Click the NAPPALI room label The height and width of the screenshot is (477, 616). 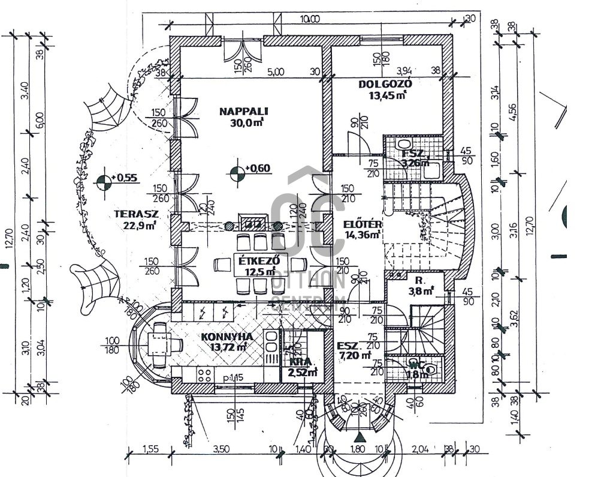[x=243, y=111]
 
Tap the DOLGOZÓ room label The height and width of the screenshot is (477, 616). [x=385, y=84]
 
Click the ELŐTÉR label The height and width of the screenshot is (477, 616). [x=363, y=224]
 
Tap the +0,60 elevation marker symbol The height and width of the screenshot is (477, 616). [x=237, y=172]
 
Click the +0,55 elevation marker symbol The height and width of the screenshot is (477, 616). [x=104, y=181]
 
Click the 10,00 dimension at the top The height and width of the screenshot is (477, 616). [x=310, y=19]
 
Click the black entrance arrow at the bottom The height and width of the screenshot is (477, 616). [x=358, y=437]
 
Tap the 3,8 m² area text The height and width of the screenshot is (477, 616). [x=421, y=292]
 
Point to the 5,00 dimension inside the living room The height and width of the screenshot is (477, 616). [x=275, y=71]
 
